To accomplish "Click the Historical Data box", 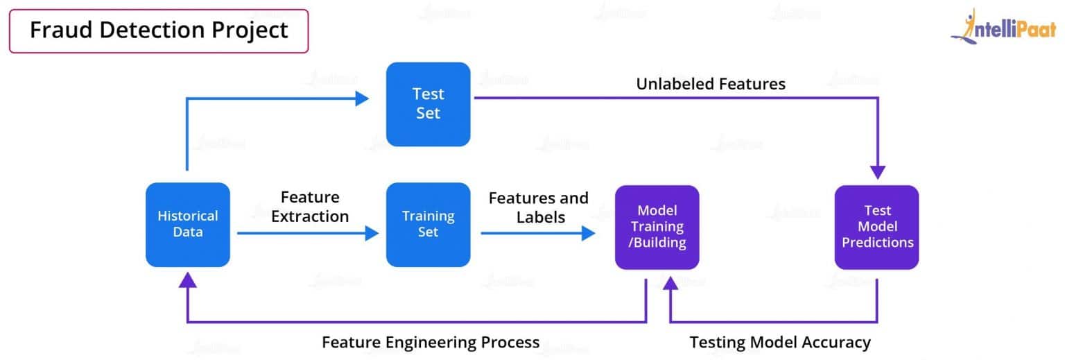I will [187, 224].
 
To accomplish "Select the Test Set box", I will [428, 104].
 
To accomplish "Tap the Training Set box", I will [428, 224].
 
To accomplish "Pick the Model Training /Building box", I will [657, 227].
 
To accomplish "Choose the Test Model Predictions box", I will [876, 227].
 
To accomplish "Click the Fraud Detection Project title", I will [158, 31].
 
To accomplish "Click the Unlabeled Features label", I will [711, 84].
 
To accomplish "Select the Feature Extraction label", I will [310, 207].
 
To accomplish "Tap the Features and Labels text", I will [539, 207].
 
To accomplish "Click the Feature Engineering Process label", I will [431, 342].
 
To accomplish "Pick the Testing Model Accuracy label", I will [780, 342].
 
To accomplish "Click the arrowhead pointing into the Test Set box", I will [361, 98].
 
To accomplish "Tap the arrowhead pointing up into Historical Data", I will [187, 280].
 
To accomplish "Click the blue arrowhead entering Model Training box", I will [589, 233].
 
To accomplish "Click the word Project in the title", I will [250, 31].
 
